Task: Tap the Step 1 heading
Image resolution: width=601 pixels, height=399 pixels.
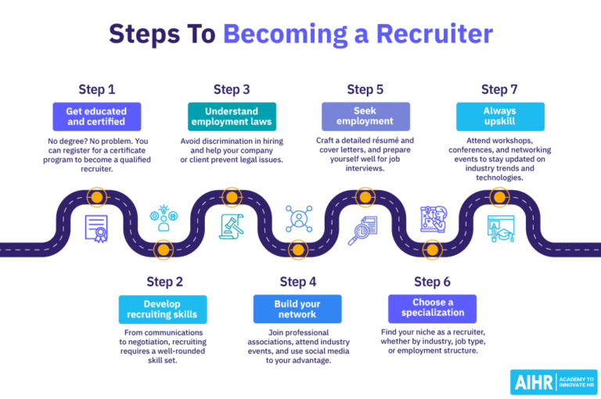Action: [x=96, y=89]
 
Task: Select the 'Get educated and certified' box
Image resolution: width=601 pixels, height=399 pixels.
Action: [x=96, y=116]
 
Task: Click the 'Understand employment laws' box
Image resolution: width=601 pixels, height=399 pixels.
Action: [x=232, y=116]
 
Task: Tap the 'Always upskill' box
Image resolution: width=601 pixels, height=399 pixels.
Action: [x=500, y=116]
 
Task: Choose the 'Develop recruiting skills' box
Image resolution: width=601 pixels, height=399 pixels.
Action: [x=164, y=309]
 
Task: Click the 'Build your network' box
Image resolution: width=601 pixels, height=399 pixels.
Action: [x=297, y=309]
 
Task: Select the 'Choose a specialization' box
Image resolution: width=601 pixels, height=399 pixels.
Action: [x=433, y=307]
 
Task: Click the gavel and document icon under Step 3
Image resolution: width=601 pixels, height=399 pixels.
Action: [x=232, y=227]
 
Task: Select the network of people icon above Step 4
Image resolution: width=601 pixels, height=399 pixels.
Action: [x=298, y=218]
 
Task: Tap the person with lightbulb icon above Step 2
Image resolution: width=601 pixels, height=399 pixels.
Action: [x=164, y=218]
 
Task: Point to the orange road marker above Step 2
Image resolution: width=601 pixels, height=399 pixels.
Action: [x=164, y=250]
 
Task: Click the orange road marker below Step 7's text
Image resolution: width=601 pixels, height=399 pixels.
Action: [x=498, y=196]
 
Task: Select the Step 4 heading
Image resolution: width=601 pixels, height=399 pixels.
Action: [x=298, y=282]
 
